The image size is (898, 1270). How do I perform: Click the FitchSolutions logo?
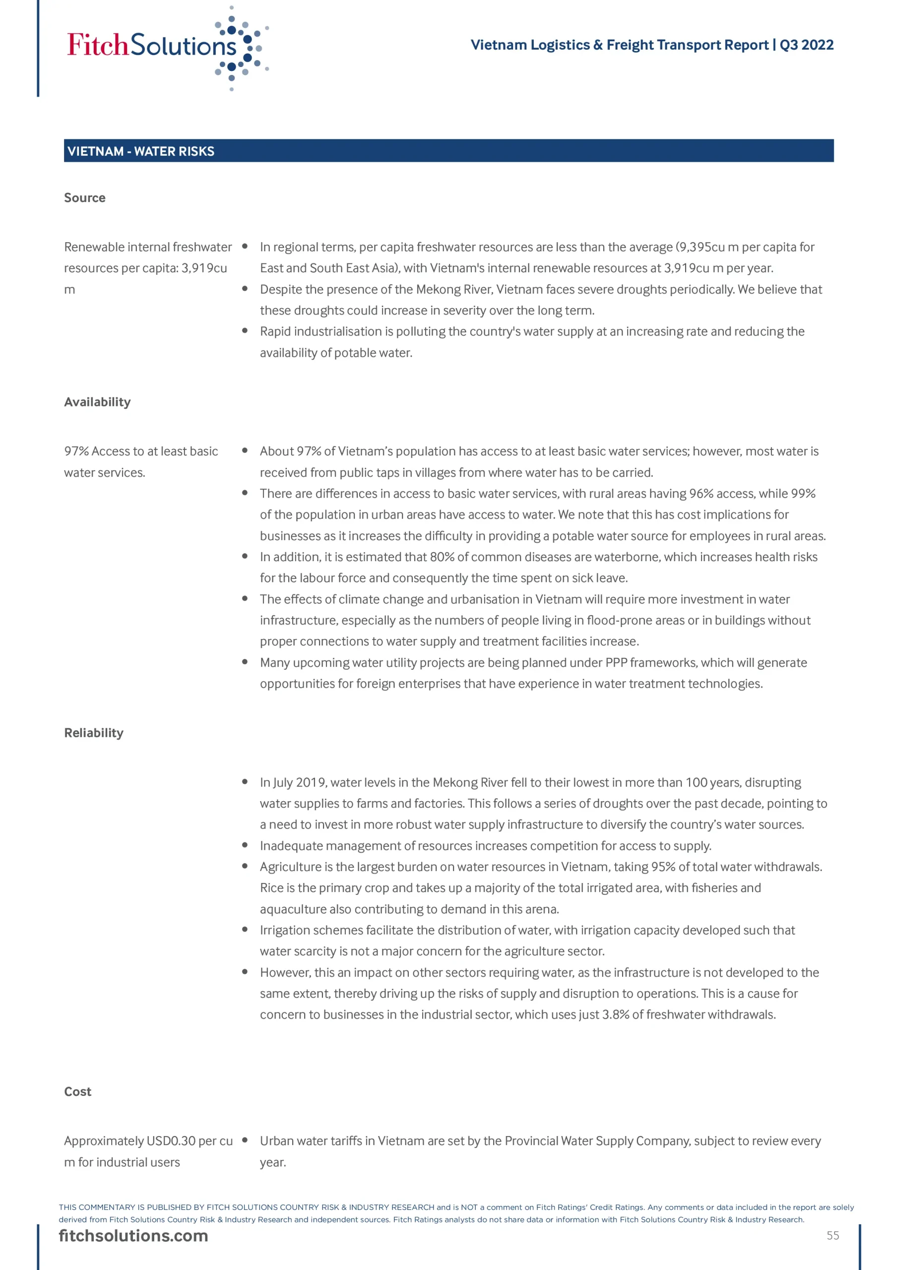(x=166, y=47)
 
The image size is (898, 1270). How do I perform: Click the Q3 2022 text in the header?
(x=806, y=45)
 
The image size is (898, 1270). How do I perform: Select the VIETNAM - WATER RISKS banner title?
(x=140, y=151)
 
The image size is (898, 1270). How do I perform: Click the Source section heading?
(x=85, y=197)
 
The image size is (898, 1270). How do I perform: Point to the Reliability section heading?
(x=93, y=732)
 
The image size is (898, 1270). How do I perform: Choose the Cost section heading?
(x=77, y=1091)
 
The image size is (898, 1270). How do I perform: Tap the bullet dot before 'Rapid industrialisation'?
(x=245, y=331)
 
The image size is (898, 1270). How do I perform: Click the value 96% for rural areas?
(x=701, y=494)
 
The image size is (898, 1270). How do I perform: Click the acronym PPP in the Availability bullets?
(x=616, y=662)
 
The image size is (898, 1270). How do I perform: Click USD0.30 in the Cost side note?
(x=171, y=1141)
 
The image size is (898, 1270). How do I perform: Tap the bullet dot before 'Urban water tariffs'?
(x=245, y=1140)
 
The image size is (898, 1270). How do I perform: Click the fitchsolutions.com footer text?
(x=133, y=1236)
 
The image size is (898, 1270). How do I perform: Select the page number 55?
(x=833, y=1235)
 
